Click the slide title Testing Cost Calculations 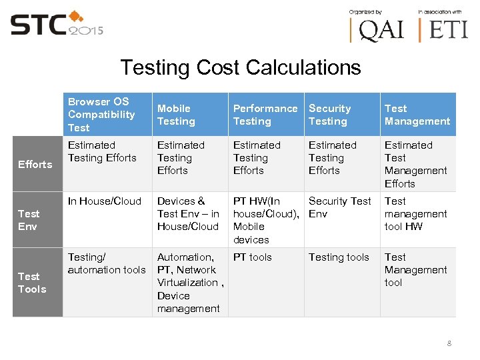[240, 67]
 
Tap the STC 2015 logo [56, 25]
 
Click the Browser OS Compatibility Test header [101, 115]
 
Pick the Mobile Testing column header [176, 115]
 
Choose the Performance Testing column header [265, 115]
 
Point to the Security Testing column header [329, 115]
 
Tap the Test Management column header [417, 115]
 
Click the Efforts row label [35, 164]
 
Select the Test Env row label [29, 220]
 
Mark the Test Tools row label [32, 283]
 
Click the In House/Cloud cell [105, 201]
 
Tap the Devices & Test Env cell [188, 214]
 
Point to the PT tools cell [253, 257]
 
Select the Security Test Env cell [339, 207]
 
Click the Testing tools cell [339, 257]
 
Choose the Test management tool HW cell [415, 214]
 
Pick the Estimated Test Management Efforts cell [415, 164]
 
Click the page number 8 [449, 343]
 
